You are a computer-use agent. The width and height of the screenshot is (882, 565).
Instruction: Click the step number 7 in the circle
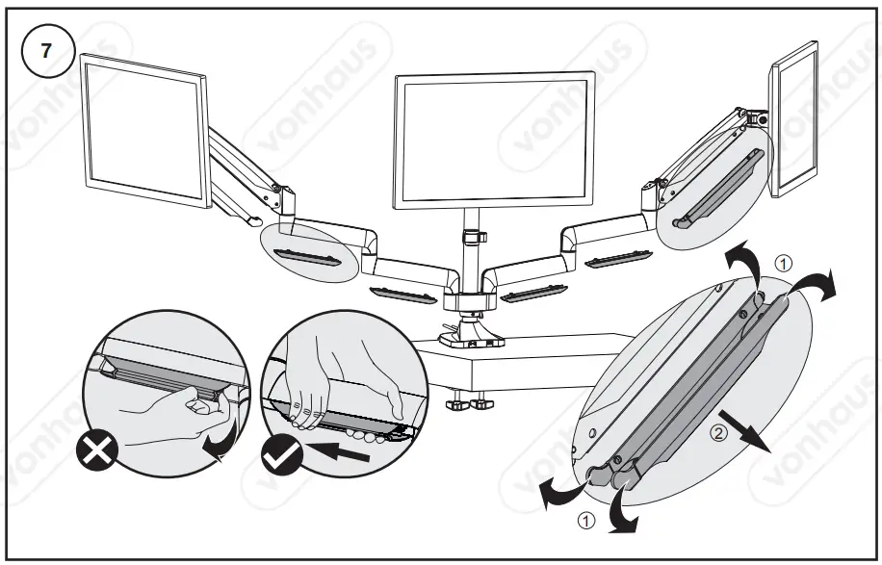44,52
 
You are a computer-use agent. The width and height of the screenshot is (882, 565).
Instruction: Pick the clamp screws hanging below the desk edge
467,399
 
